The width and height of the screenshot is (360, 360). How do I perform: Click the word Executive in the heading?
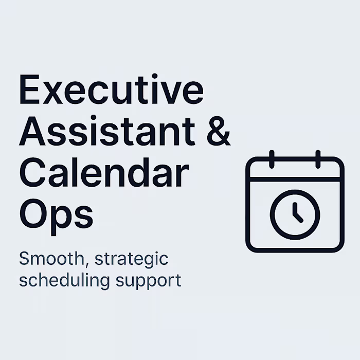pyautogui.click(x=111, y=92)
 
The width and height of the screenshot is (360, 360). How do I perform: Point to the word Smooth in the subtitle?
pyautogui.click(x=49, y=258)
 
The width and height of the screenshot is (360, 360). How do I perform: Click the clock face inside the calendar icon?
pyautogui.click(x=295, y=213)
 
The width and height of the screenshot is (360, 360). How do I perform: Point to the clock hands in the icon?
pyautogui.click(x=296, y=212)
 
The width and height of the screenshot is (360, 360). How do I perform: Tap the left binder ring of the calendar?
pyautogui.click(x=272, y=159)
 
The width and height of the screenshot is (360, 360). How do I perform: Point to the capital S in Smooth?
pyautogui.click(x=24, y=258)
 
